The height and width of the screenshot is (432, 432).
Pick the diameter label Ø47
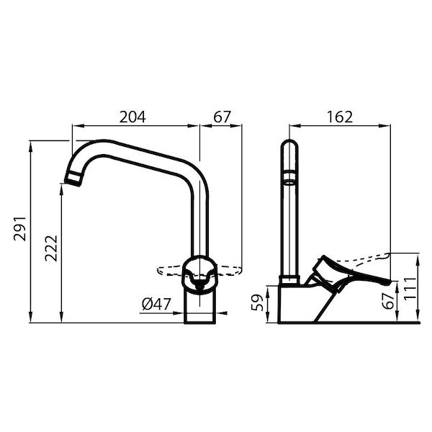(x=156, y=305)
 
